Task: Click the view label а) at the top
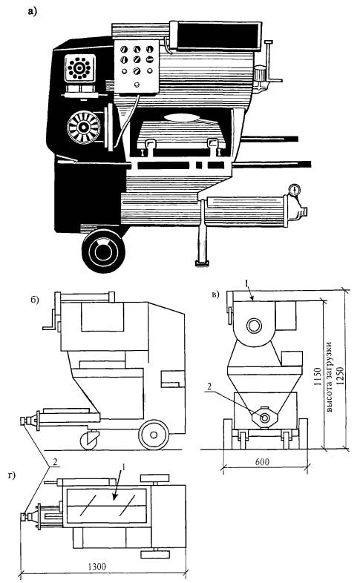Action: click(33, 13)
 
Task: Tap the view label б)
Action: click(35, 300)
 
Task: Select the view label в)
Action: click(215, 295)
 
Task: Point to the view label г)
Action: click(12, 475)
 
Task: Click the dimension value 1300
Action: click(96, 567)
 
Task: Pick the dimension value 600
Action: click(262, 462)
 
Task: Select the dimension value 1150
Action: click(317, 377)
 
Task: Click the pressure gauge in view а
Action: click(294, 190)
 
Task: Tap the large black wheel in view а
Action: click(103, 251)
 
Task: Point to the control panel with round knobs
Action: click(137, 65)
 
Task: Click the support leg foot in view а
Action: click(203, 263)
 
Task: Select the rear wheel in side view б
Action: click(153, 435)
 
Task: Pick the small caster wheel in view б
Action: click(89, 441)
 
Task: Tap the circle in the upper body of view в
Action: click(254, 326)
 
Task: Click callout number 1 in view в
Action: click(246, 284)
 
